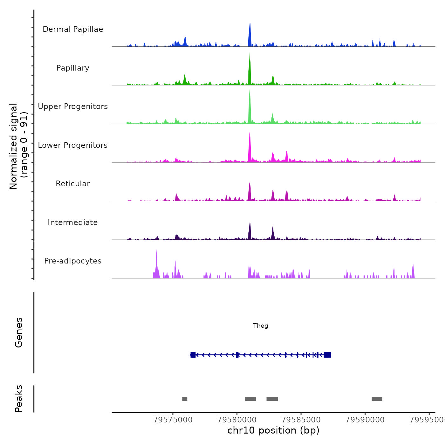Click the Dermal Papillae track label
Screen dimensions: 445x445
[x=73, y=29]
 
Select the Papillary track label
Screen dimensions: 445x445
[x=73, y=68]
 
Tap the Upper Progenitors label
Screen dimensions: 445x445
[x=73, y=106]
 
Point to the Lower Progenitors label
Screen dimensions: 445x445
[x=73, y=145]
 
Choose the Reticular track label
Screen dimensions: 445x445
[x=73, y=184]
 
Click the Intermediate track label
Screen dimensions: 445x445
[x=73, y=222]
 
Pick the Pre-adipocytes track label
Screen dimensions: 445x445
[x=73, y=261]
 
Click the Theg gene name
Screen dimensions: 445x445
[x=260, y=326]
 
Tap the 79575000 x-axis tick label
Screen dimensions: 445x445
[x=173, y=420]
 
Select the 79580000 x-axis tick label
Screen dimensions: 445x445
[x=237, y=420]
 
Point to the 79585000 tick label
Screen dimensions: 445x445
[x=301, y=420]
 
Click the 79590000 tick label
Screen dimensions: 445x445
[x=365, y=420]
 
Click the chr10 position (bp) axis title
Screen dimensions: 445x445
[x=273, y=430]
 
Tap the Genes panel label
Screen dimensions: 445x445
[x=19, y=332]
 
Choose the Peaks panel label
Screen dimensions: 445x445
[x=19, y=399]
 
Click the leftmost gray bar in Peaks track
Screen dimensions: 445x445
[x=185, y=399]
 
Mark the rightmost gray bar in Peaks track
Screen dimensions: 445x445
[x=377, y=399]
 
